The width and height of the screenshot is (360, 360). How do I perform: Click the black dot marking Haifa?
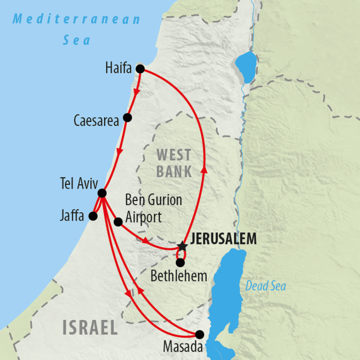[x=140, y=69]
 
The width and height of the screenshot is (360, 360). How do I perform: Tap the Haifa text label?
[x=118, y=69]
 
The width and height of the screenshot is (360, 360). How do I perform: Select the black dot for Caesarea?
[x=128, y=117]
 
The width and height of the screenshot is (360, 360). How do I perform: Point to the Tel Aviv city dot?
[x=102, y=193]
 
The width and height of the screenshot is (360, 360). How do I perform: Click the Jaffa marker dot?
[x=93, y=216]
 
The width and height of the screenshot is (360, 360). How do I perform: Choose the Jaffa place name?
[x=72, y=216]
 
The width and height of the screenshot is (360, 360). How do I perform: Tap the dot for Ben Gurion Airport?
[x=118, y=222]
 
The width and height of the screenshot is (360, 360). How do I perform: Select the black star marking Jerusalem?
[x=182, y=246]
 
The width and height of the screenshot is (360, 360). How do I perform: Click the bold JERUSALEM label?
[x=223, y=239]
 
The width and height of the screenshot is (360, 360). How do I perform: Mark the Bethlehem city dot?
[x=180, y=263]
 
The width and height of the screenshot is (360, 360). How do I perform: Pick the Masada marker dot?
[x=199, y=334]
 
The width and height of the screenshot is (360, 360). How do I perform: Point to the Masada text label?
[x=183, y=347]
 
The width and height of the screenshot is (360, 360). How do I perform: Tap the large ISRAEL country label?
[x=90, y=328]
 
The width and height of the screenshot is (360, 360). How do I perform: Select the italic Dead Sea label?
[x=265, y=286]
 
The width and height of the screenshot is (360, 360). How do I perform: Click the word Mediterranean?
[x=77, y=19]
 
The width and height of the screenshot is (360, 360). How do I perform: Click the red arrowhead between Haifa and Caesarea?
[x=136, y=92]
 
